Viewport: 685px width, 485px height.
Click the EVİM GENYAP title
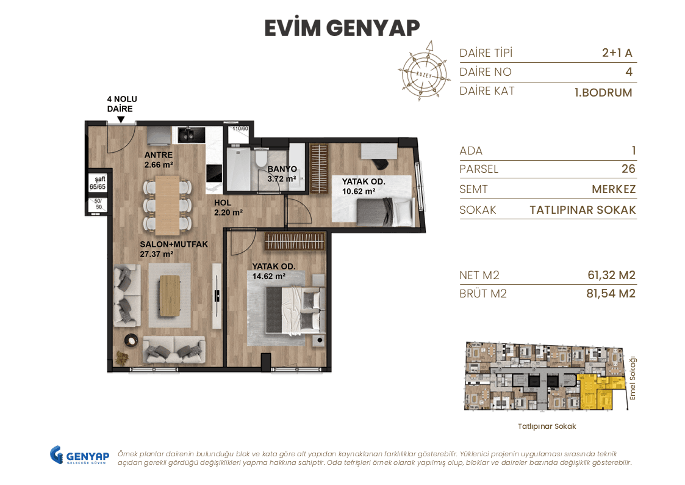(x=342, y=28)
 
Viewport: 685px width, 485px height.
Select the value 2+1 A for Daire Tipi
(x=617, y=53)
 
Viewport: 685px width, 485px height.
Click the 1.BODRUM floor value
(x=603, y=93)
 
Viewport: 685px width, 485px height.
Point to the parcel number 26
(x=628, y=169)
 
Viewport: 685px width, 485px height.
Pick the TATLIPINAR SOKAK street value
(x=583, y=210)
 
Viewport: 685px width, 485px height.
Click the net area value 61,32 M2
(x=607, y=275)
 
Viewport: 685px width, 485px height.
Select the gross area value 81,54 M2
(x=607, y=294)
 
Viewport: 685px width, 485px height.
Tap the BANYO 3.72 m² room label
(x=282, y=173)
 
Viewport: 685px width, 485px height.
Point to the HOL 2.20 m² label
(x=228, y=208)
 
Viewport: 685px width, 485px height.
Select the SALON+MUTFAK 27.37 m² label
(x=174, y=249)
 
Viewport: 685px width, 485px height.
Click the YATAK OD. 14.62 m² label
(x=274, y=271)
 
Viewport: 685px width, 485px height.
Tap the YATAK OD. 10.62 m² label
(x=362, y=186)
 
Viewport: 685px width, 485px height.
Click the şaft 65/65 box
(x=98, y=183)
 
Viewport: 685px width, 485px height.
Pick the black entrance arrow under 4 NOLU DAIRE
(x=121, y=120)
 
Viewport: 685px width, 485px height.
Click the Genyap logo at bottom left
(x=79, y=456)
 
